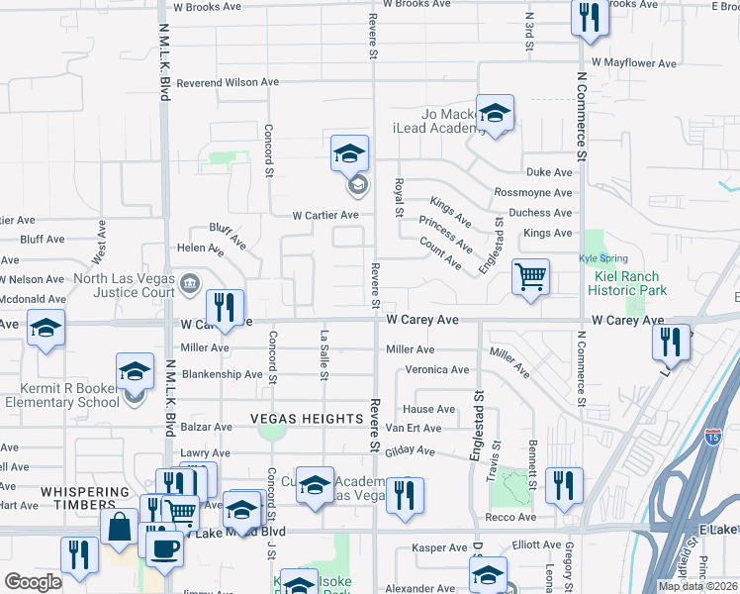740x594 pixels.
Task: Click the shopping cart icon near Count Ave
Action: point(530,276)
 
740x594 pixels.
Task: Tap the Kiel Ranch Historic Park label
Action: point(627,283)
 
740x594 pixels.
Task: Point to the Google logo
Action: point(33,582)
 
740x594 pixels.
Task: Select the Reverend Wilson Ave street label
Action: point(229,83)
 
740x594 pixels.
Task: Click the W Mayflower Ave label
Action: point(639,63)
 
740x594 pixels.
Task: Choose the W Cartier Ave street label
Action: point(324,215)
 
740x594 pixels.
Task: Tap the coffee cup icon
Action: point(164,546)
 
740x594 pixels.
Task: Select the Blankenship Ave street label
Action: point(222,374)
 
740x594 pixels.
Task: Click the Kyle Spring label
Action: point(603,259)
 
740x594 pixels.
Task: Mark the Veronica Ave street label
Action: point(436,370)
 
